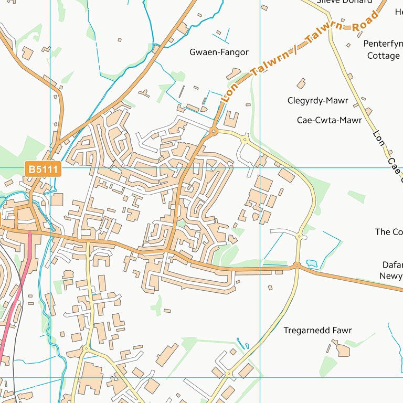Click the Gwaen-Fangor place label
[219, 52]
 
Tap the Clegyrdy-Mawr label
[318, 100]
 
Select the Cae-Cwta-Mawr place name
[329, 120]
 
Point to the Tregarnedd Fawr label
[317, 331]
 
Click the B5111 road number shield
[44, 169]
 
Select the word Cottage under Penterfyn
[383, 55]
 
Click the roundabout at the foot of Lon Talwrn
[214, 131]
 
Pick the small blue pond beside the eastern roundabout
[311, 262]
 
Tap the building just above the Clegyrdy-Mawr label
[301, 83]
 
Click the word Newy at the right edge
[391, 276]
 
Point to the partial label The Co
[389, 231]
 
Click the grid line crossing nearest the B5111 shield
[50, 167]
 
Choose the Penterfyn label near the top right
[383, 44]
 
